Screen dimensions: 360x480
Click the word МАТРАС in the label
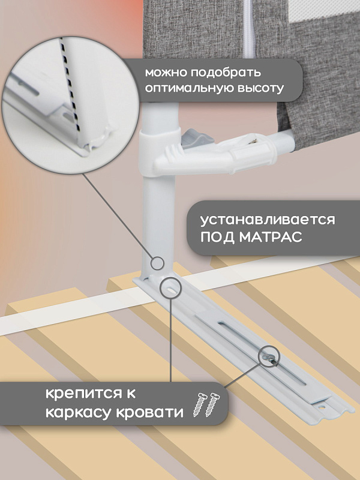(x=271, y=236)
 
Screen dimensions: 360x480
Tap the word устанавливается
(x=268, y=220)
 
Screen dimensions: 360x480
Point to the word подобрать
(x=226, y=73)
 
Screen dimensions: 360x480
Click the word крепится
(x=86, y=394)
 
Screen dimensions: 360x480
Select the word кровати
(x=149, y=413)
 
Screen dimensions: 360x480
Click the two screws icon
(x=206, y=404)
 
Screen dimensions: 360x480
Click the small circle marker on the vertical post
(x=158, y=263)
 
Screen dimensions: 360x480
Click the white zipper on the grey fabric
(x=250, y=29)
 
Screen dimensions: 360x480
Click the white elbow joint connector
(x=208, y=153)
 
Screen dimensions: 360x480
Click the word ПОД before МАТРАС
(x=217, y=237)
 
